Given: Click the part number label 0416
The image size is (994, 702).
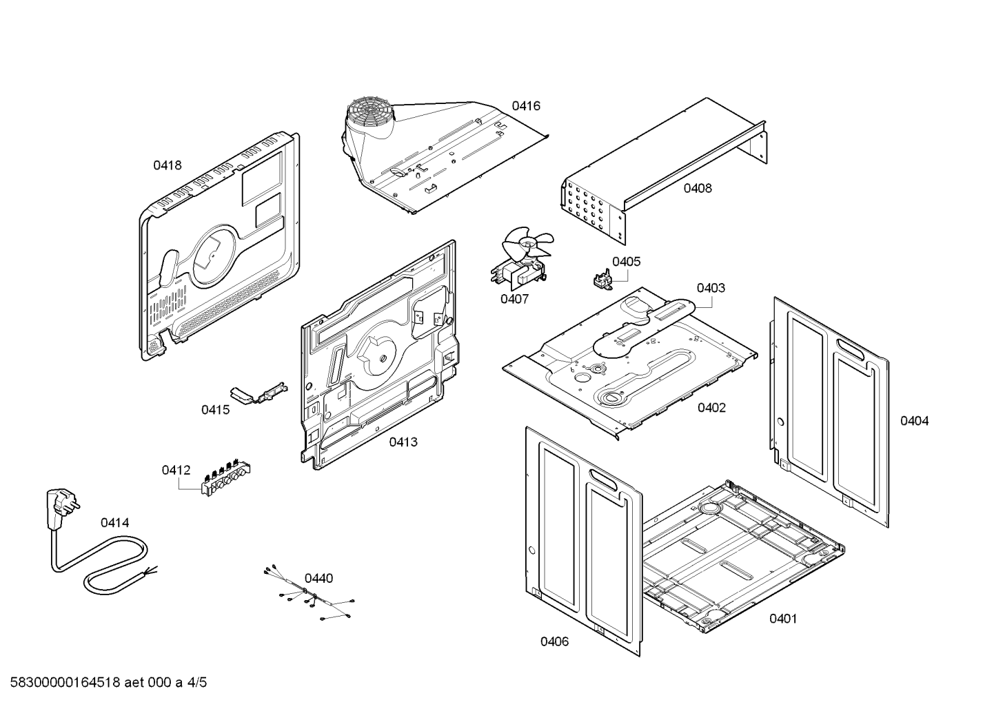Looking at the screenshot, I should (525, 106).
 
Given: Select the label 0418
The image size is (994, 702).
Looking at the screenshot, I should (167, 165).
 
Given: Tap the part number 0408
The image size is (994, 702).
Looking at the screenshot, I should (698, 188).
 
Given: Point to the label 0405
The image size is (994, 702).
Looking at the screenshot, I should (626, 262).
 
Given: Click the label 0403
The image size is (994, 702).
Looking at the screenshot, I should (710, 288).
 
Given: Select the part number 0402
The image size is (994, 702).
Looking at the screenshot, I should (711, 408).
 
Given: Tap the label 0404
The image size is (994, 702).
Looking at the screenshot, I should (914, 421).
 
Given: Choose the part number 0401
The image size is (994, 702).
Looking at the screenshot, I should (783, 619).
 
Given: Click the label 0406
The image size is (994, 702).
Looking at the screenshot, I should (554, 642).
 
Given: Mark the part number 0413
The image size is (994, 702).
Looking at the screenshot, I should (403, 442).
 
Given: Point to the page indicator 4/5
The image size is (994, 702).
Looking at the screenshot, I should (197, 683).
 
